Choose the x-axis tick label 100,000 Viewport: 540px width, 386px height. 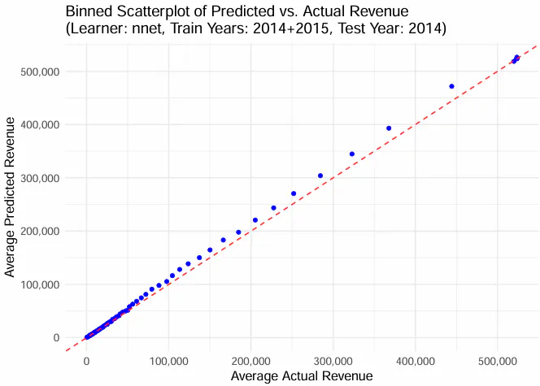pyautogui.click(x=168, y=358)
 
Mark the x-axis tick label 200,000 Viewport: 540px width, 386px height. pyautogui.click(x=251, y=358)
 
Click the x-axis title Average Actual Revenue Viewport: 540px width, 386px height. pyautogui.click(x=302, y=376)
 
